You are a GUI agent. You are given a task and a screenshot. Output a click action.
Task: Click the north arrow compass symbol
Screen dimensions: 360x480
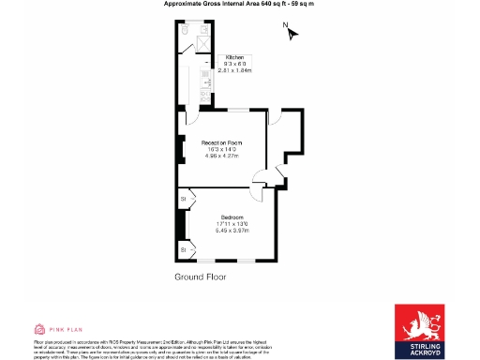[x=292, y=35]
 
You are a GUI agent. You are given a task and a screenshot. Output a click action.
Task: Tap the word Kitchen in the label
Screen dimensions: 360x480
[x=233, y=57]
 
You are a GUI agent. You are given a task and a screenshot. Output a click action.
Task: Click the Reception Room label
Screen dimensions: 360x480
[x=222, y=142]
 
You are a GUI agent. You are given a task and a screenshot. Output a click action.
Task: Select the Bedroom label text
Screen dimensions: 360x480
[x=231, y=217]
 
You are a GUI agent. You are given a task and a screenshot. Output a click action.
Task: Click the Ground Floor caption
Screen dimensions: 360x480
[x=201, y=277]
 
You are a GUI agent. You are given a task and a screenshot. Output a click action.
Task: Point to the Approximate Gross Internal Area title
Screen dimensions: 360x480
[x=239, y=5]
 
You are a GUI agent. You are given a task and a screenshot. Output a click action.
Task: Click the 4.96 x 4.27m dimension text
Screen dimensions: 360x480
[x=222, y=156]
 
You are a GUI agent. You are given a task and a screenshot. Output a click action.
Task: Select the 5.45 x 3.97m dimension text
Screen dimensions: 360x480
[x=231, y=231]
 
